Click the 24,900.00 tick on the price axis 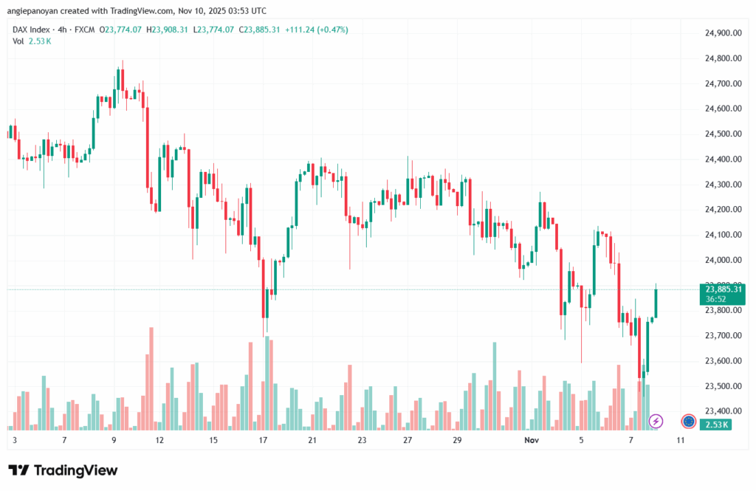point(723,33)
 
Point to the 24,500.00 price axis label point(723,134)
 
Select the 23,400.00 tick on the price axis point(723,411)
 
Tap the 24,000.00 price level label point(723,260)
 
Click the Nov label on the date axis point(531,440)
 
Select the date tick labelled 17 point(262,440)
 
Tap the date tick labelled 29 point(457,440)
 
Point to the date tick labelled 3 point(15,440)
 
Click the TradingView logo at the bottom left point(62,470)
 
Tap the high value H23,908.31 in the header point(168,30)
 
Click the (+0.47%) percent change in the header point(330,30)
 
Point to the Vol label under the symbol point(18,41)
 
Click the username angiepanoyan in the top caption point(38,11)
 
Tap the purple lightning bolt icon point(656,421)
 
